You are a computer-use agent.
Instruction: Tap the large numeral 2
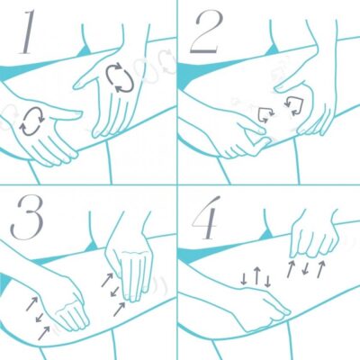tap(207, 32)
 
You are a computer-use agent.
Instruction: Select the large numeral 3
tap(27, 218)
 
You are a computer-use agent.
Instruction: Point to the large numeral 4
tap(206, 218)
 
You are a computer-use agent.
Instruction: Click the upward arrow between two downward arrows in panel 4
tap(256, 275)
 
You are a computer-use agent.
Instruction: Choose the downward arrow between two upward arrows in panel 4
tap(306, 268)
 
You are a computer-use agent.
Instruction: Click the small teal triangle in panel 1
tap(85, 51)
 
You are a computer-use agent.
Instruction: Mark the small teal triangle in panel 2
tap(272, 50)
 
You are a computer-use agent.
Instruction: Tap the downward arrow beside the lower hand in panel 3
tap(40, 317)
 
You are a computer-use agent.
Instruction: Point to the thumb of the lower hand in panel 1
tap(65, 113)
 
